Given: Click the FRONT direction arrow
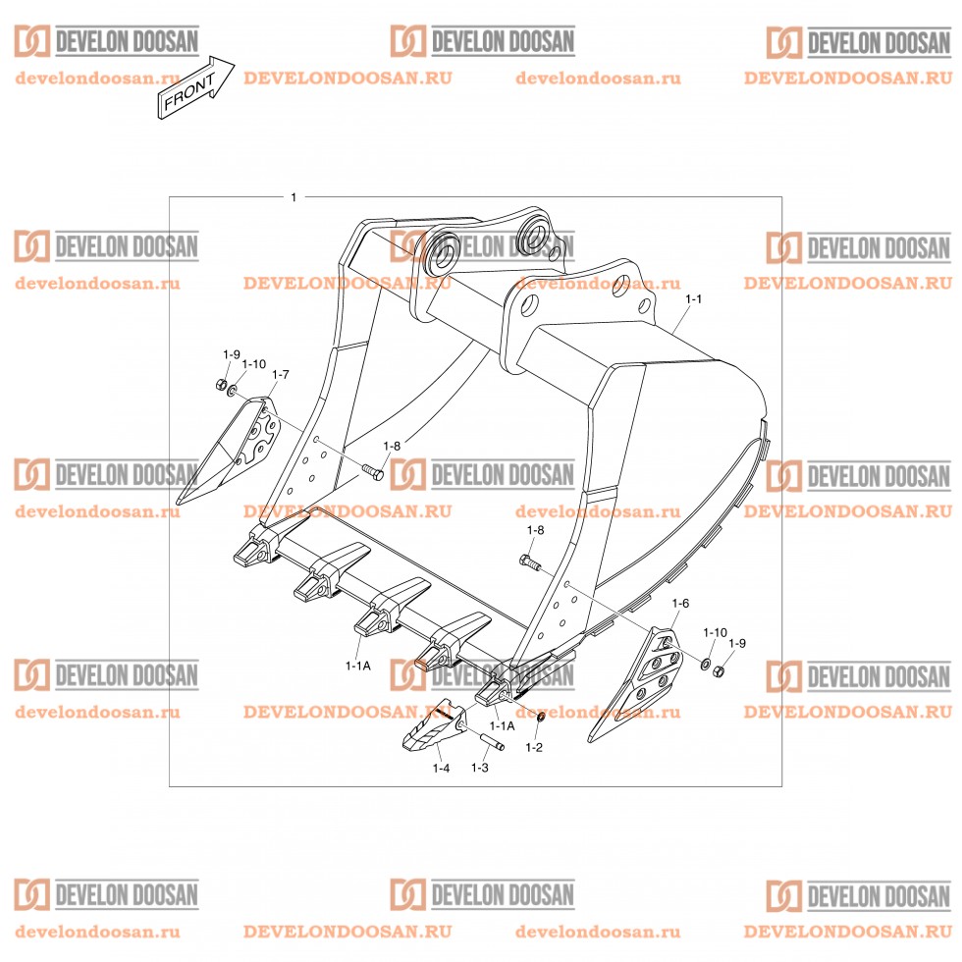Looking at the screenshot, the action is click(195, 87).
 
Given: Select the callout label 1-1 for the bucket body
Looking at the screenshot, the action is click(693, 298).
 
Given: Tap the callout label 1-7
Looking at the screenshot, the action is click(280, 374).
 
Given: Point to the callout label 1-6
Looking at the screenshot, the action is click(680, 603).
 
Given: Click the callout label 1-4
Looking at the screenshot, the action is click(441, 768).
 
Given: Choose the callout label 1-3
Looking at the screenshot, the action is click(480, 768).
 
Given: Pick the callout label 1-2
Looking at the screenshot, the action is click(534, 747).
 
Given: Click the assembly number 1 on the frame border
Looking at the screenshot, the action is click(294, 197).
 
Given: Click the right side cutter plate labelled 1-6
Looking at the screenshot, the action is click(635, 684).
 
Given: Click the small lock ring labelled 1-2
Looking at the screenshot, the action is click(541, 718).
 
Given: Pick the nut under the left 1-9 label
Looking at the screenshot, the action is click(221, 385).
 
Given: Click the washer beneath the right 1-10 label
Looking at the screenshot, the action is click(706, 664).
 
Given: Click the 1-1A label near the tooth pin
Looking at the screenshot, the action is click(502, 725).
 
